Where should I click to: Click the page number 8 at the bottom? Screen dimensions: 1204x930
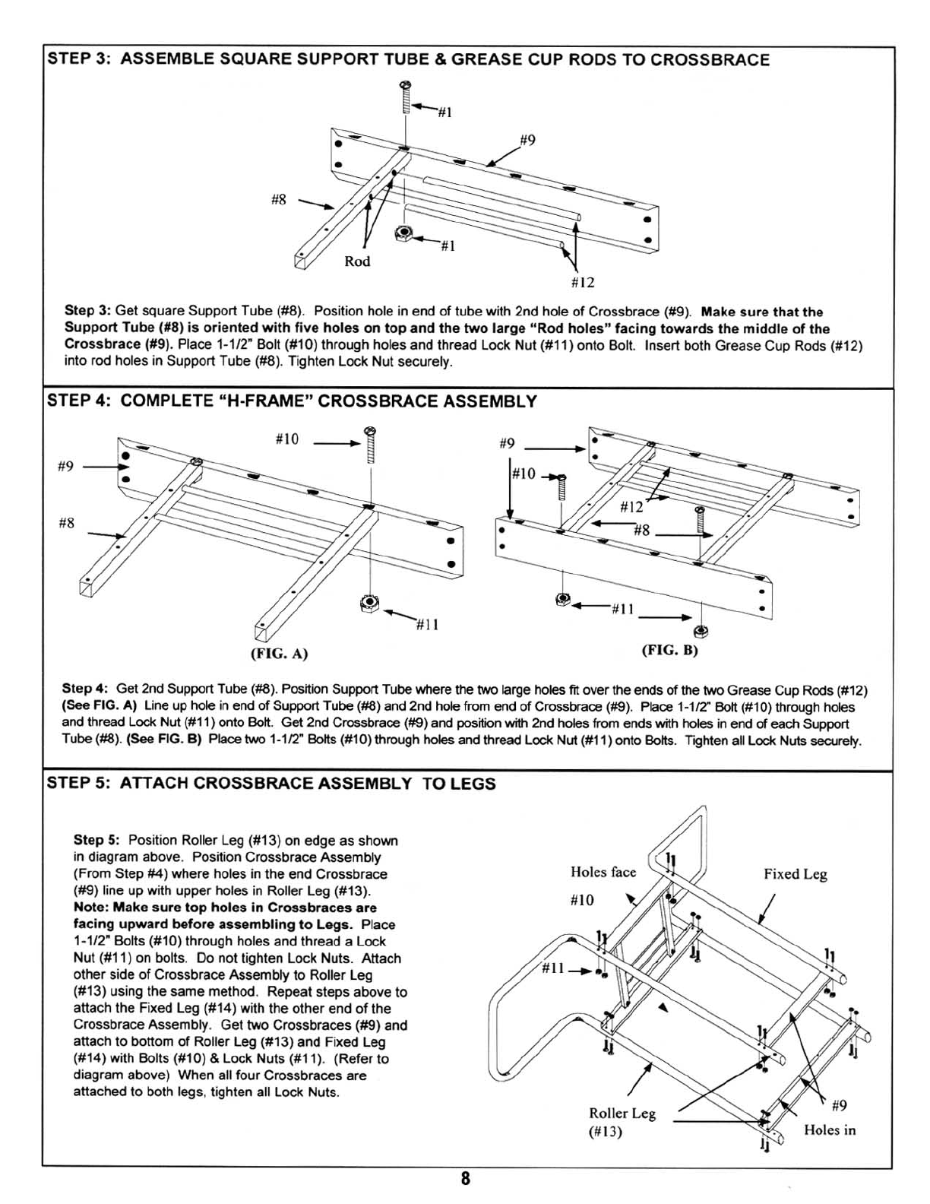[465, 1179]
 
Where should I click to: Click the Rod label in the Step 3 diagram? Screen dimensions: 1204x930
[357, 261]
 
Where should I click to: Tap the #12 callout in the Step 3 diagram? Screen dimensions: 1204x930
[582, 283]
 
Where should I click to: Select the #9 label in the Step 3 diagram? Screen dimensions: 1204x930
[528, 140]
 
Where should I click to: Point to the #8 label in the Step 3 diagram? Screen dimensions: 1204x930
[279, 200]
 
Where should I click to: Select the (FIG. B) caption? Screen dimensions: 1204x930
[669, 651]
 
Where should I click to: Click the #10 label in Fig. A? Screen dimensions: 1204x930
[286, 439]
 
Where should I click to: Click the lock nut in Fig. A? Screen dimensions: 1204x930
[369, 604]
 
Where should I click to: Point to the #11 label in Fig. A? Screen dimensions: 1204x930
[427, 625]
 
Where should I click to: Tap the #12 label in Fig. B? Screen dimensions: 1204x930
[631, 507]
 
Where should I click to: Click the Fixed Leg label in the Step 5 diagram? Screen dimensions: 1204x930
[795, 874]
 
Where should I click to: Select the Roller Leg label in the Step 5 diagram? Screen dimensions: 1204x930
[622, 1114]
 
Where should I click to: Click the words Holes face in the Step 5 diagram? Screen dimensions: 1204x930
[603, 872]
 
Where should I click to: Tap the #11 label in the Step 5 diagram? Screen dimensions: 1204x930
[554, 969]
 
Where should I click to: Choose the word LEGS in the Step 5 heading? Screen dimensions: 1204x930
[473, 784]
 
